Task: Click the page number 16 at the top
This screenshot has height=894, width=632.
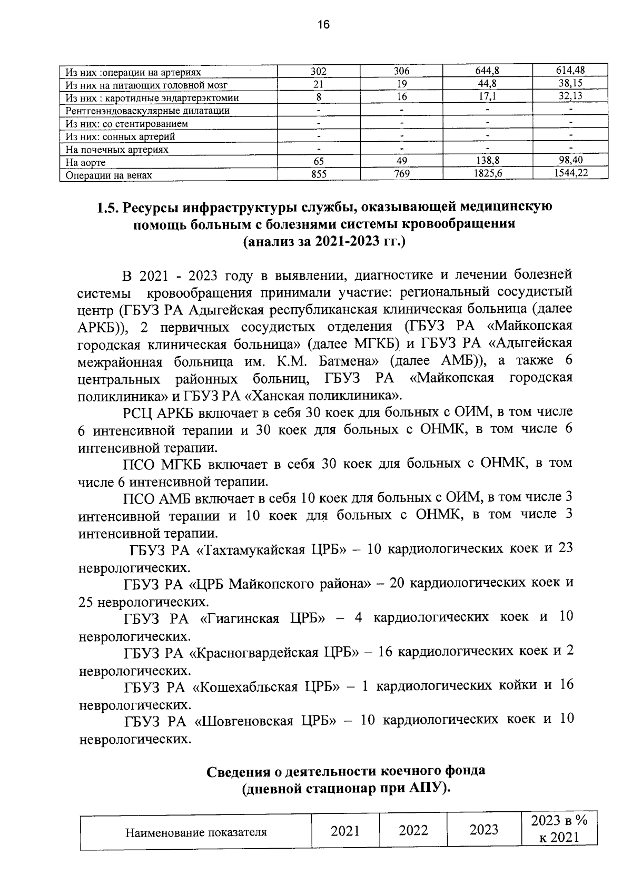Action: coord(323,25)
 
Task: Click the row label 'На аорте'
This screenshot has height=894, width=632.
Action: coord(85,163)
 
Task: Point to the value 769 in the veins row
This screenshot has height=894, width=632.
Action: coord(402,174)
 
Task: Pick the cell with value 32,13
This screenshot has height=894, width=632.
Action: coord(571,96)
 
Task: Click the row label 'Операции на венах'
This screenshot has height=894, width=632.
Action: coord(108,175)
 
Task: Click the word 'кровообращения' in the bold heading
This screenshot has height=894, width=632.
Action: coord(458,225)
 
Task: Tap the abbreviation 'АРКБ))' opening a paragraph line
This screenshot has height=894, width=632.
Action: coord(102,327)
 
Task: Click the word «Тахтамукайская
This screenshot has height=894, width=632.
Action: coord(252,549)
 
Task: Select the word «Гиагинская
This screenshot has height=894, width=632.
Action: coord(240,617)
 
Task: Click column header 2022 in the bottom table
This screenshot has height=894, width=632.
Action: coord(413,831)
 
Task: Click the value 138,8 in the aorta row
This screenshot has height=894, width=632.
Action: coord(488,161)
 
